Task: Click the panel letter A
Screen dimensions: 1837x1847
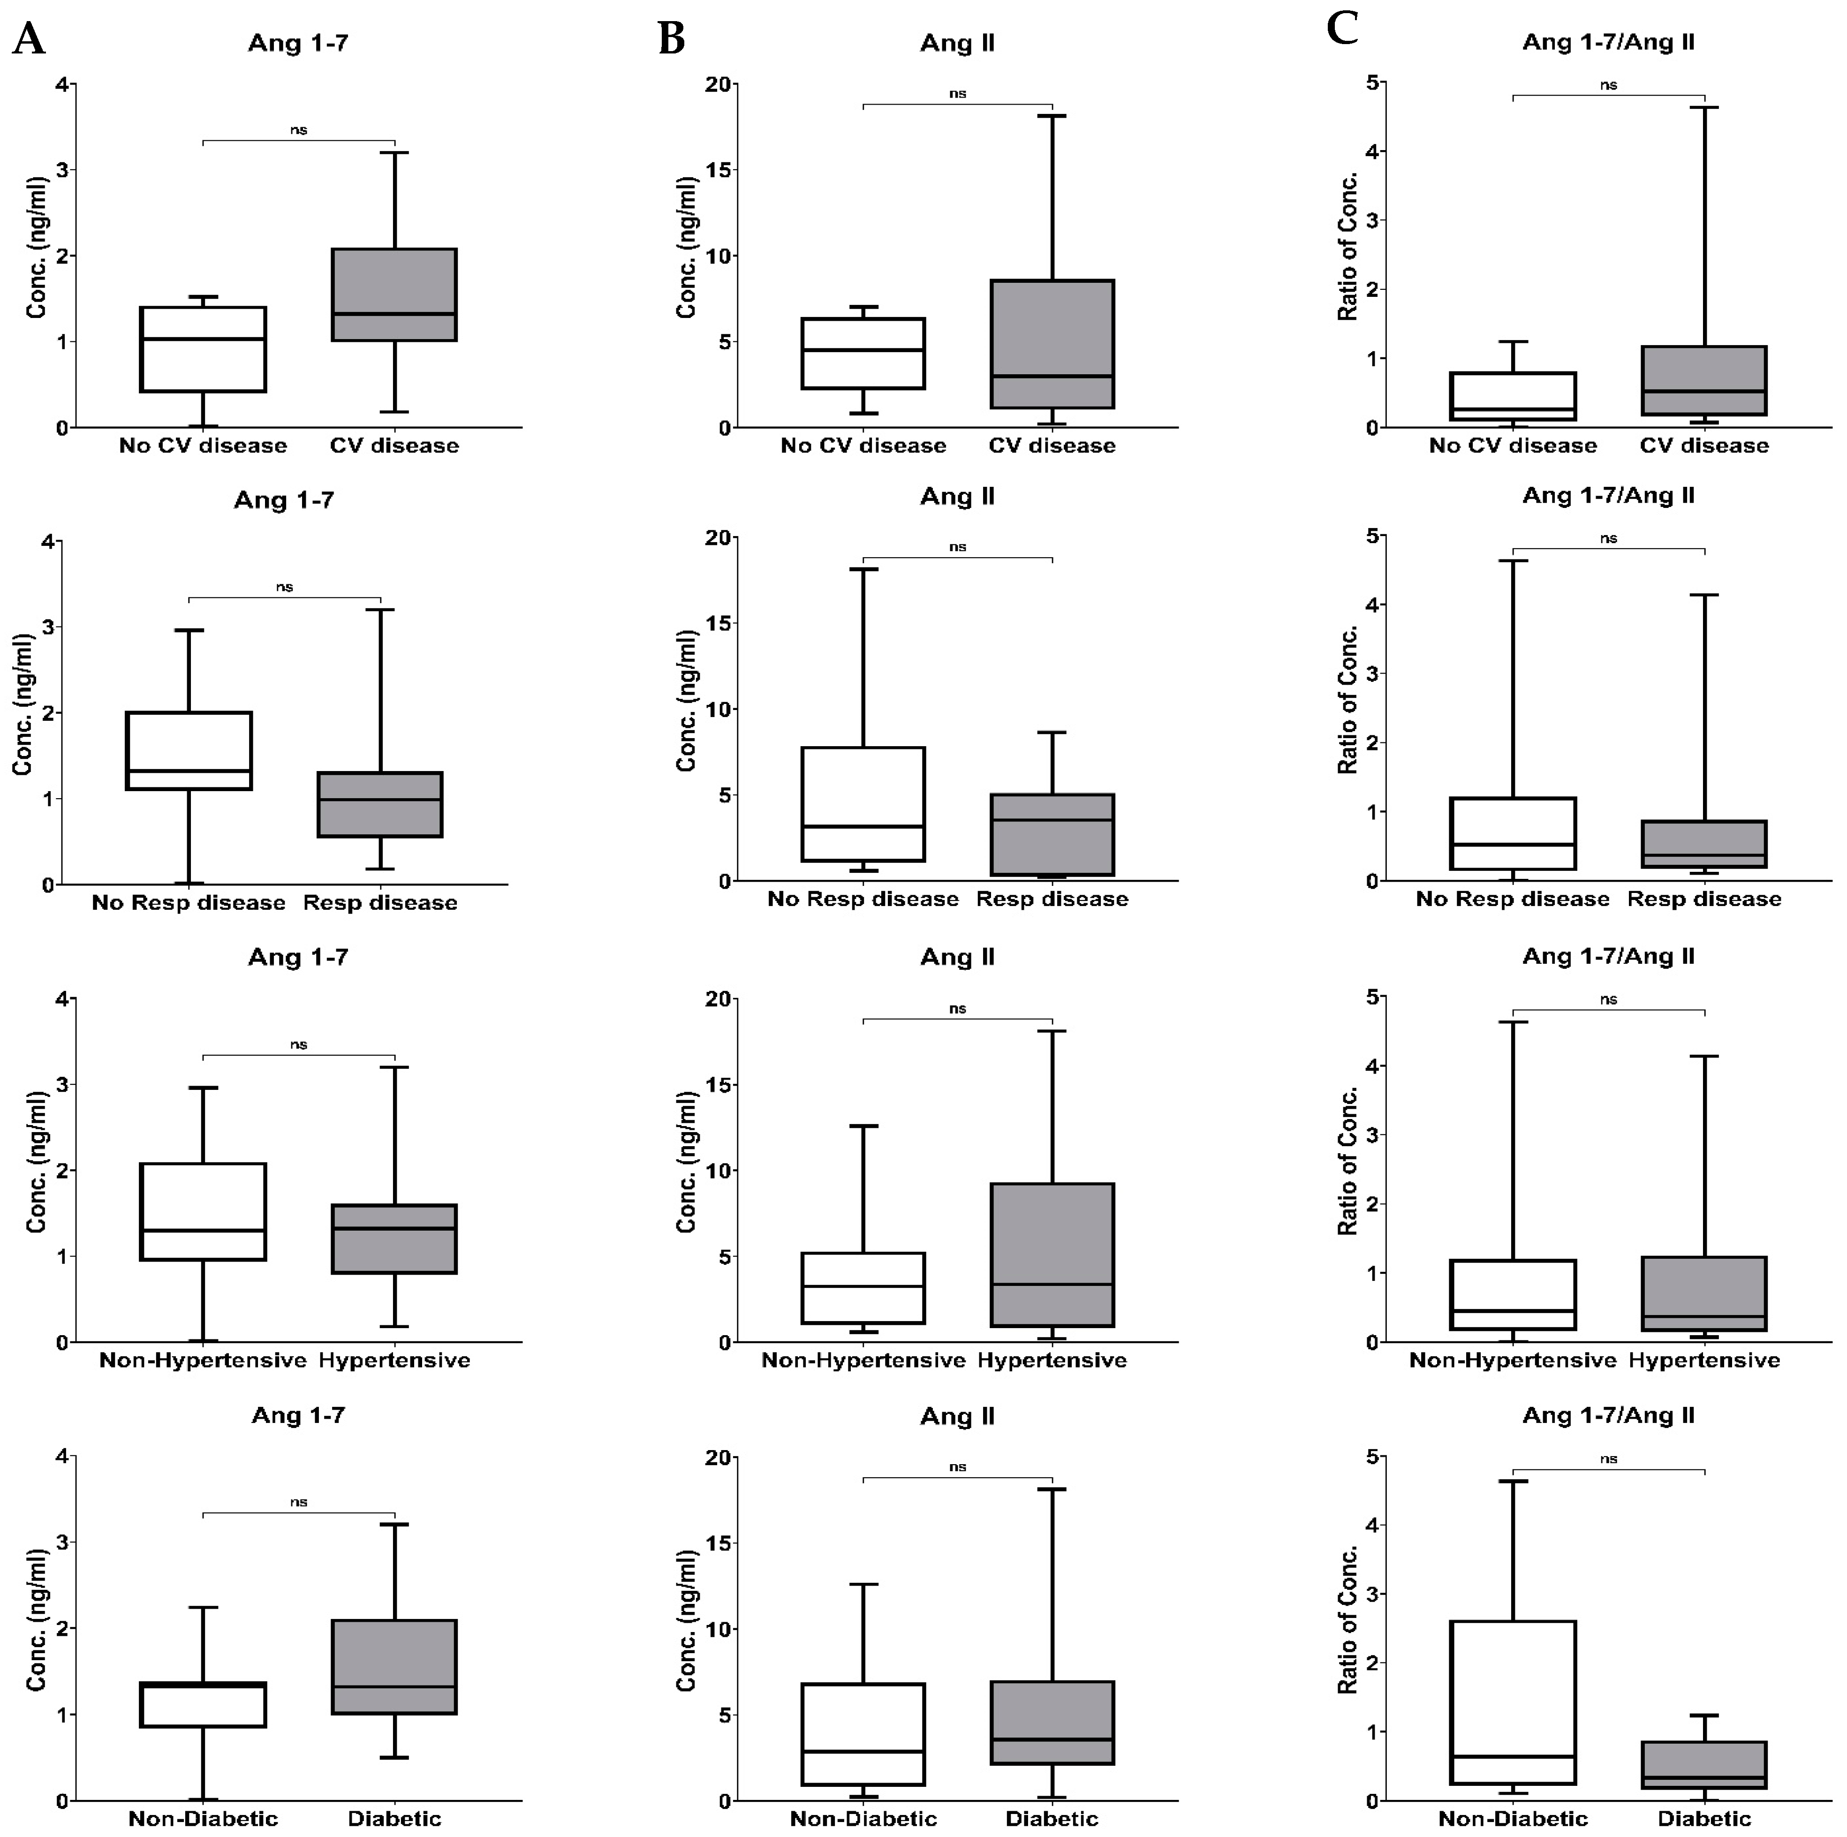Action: [29, 40]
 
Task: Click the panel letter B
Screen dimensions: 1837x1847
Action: [672, 40]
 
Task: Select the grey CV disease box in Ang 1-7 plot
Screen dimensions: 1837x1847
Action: [394, 295]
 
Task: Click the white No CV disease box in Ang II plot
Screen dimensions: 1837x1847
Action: [863, 354]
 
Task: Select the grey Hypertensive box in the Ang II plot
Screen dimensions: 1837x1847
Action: [1052, 1255]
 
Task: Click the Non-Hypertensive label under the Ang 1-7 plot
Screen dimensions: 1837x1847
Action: [203, 1360]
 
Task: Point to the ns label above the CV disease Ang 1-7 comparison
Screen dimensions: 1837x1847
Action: [298, 130]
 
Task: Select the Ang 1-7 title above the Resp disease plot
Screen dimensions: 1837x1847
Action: [284, 500]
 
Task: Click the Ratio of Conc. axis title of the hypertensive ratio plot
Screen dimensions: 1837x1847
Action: [1348, 1161]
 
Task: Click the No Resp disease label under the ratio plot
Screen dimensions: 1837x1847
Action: [1513, 900]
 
